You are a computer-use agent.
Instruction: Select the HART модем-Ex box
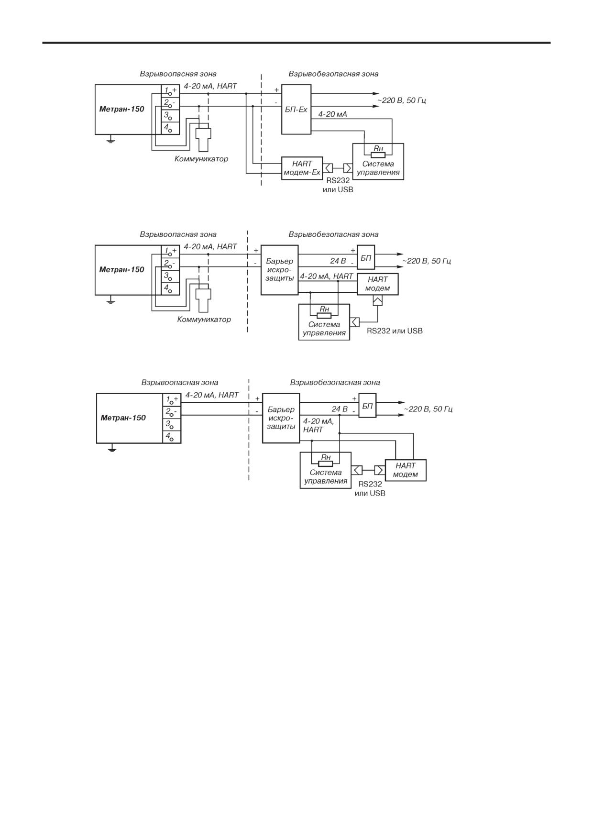coord(302,168)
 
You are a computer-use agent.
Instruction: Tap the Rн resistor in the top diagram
coord(378,155)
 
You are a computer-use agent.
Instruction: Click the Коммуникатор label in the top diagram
coord(201,159)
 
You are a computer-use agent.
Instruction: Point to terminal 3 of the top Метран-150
coord(170,116)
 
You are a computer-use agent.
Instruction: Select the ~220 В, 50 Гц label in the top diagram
coord(402,100)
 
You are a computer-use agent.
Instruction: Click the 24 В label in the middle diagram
coord(338,261)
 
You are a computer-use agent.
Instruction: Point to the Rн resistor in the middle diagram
coord(324,315)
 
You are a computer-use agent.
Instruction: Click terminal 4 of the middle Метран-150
coord(170,289)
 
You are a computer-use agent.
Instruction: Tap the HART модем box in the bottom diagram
coord(406,470)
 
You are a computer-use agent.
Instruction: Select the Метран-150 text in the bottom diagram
coord(123,418)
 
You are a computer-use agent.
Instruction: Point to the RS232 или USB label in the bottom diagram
coord(370,488)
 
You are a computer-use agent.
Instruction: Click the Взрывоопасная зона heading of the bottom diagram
coord(180,383)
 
